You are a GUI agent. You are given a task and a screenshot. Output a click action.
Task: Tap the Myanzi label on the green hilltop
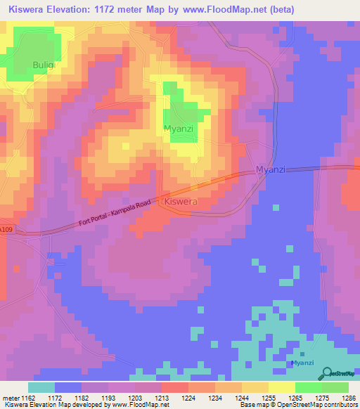179,129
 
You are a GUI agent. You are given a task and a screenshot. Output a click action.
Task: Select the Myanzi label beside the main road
271,170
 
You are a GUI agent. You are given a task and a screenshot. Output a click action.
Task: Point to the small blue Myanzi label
302,363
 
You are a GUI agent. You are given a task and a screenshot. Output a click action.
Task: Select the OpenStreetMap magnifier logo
327,373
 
